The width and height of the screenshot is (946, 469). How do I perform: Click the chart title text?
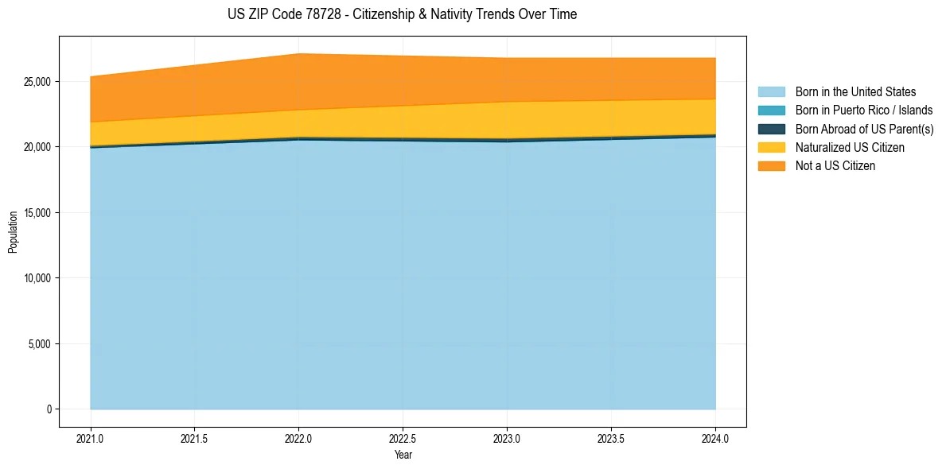402,14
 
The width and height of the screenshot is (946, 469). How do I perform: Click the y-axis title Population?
13,232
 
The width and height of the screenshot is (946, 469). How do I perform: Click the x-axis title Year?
403,455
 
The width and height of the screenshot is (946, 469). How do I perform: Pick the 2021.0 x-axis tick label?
91,438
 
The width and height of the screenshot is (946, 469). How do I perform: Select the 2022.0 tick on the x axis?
298,438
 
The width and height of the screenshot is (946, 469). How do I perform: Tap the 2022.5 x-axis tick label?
403,438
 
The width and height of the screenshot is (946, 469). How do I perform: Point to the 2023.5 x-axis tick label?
611,438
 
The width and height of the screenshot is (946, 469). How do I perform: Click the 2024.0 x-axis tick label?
715,438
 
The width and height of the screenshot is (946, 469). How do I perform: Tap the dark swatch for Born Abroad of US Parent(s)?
771,129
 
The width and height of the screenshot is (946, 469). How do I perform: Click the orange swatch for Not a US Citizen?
771,166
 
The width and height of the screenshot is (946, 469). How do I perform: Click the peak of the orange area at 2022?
298,54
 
